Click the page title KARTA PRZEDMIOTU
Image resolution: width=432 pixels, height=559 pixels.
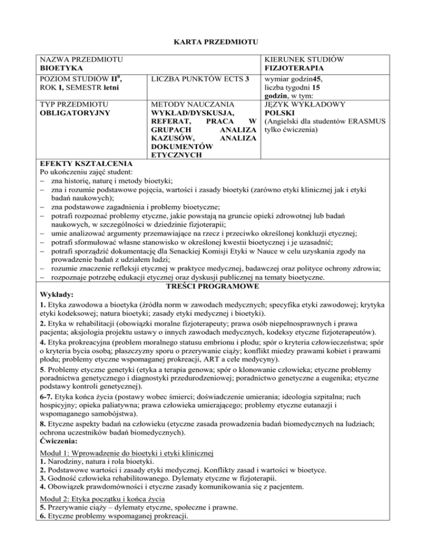[215, 40]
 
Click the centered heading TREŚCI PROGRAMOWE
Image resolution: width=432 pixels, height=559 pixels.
[215, 286]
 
